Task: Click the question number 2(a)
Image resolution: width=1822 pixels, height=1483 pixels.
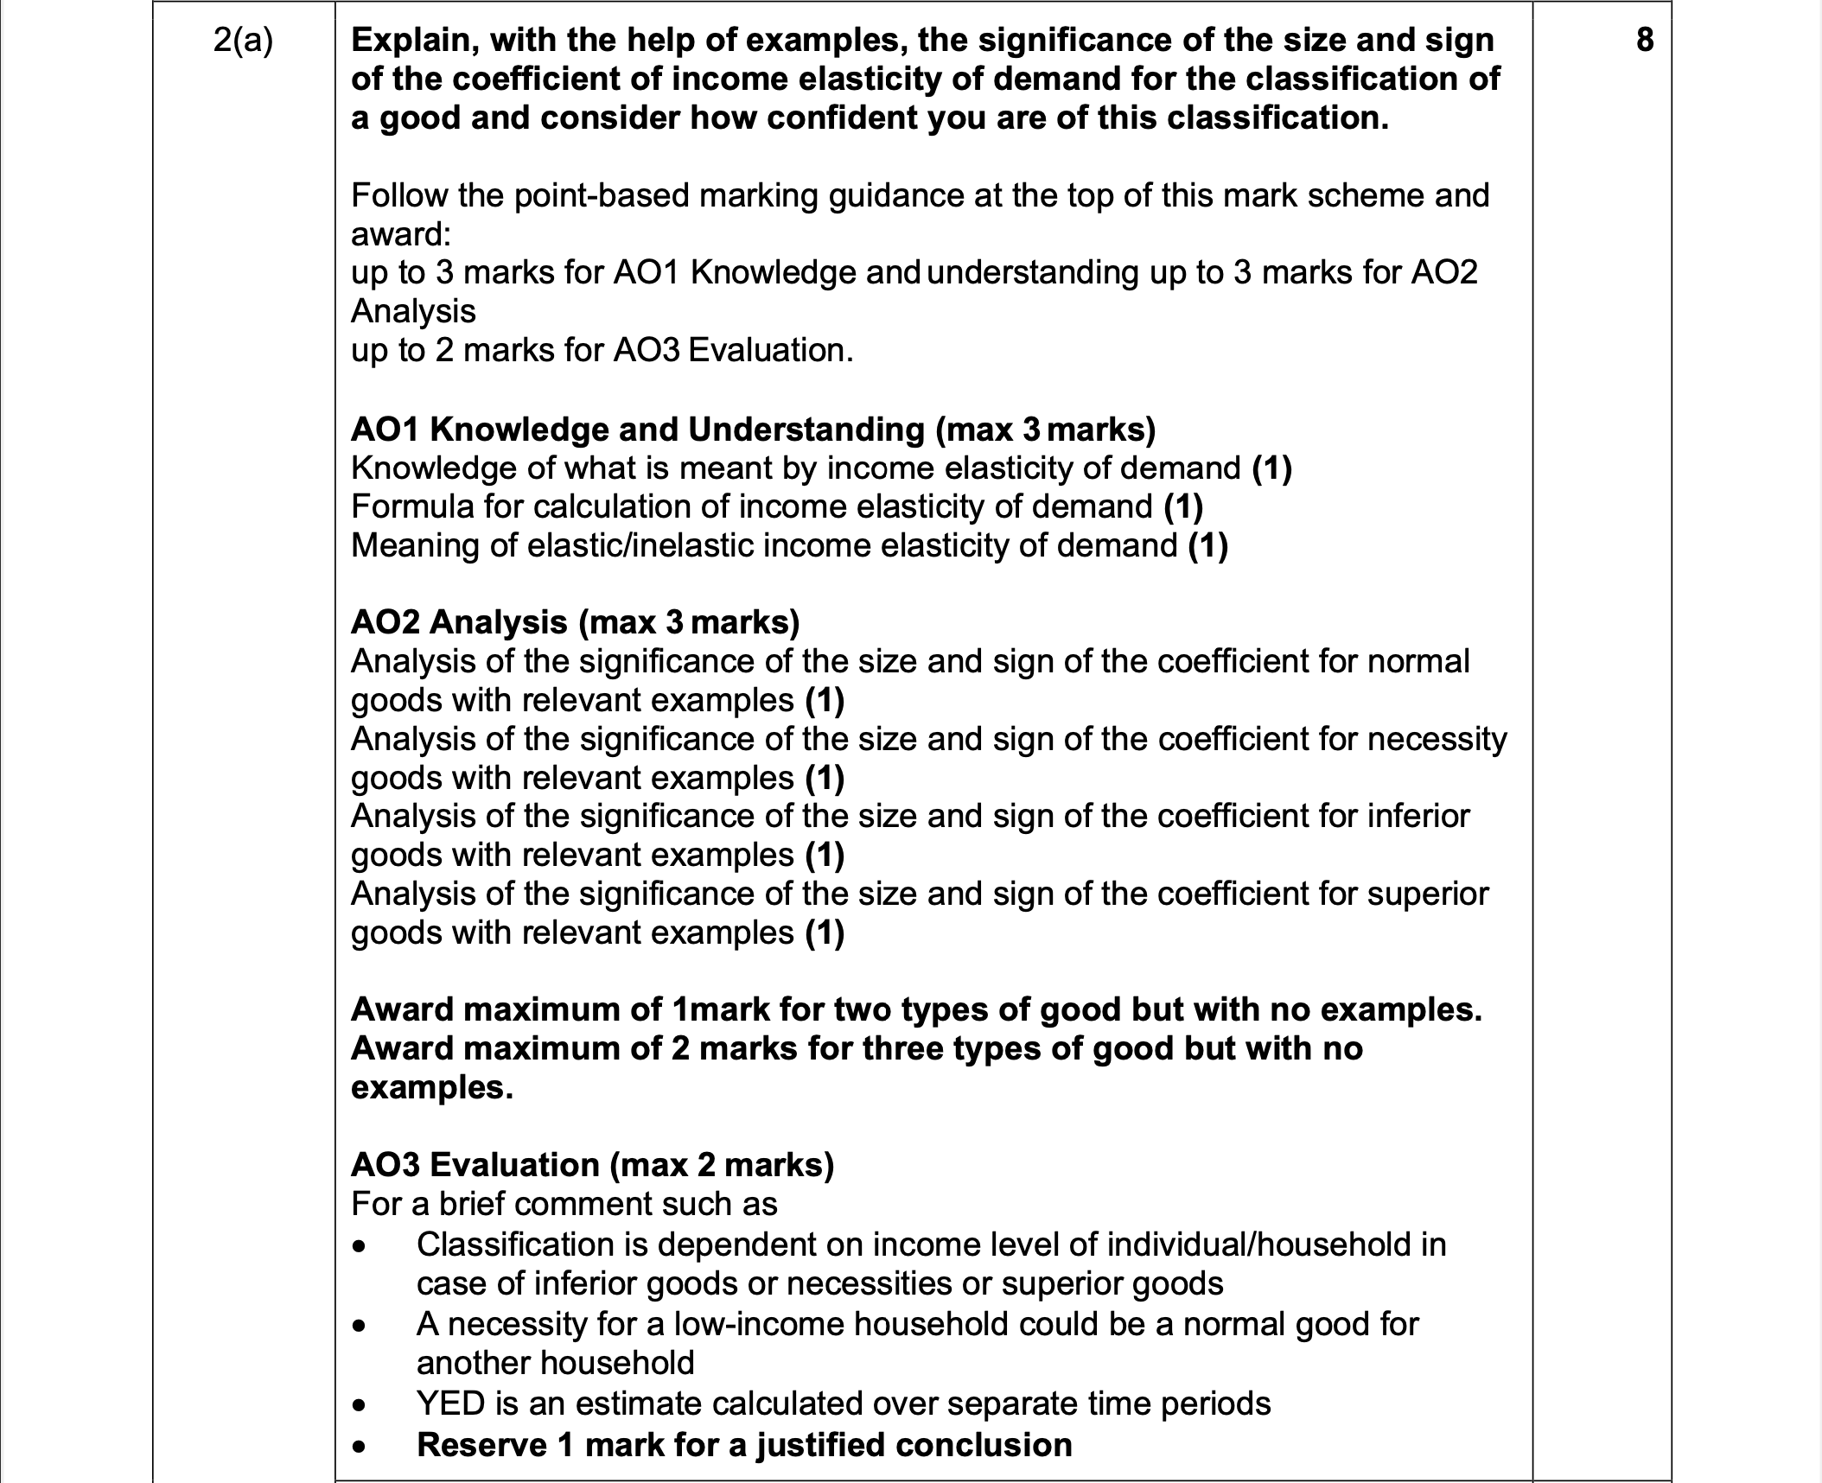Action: point(243,41)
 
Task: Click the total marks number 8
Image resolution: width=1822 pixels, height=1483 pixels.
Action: point(1645,40)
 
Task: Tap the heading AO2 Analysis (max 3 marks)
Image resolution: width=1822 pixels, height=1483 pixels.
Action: point(575,621)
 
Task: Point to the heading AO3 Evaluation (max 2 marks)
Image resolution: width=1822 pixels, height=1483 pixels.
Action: point(592,1165)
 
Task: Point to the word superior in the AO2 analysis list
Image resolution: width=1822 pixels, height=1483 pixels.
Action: point(1428,894)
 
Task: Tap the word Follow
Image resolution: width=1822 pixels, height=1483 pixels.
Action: point(398,195)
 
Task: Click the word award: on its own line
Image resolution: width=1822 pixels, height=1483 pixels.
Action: point(401,234)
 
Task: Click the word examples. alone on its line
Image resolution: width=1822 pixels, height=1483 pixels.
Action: point(431,1087)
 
